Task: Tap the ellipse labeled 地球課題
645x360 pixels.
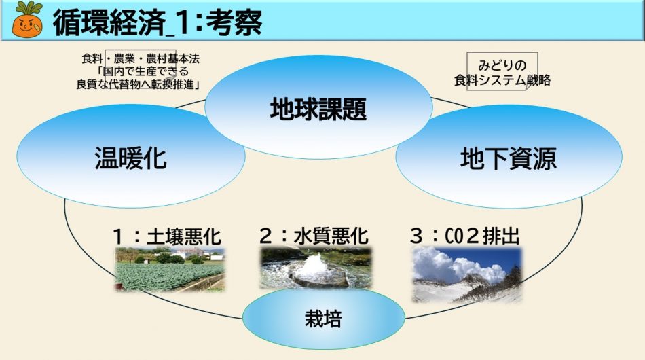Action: click(318, 107)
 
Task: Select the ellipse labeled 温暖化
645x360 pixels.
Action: click(131, 156)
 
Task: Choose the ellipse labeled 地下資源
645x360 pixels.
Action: click(509, 156)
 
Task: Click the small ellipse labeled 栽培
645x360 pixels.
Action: click(324, 318)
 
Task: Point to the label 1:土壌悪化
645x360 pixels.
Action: click(167, 236)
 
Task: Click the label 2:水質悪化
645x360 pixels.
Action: click(314, 236)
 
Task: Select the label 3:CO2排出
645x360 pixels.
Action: click(465, 236)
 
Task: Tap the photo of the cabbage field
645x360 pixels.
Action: click(170, 270)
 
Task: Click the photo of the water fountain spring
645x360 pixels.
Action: click(316, 268)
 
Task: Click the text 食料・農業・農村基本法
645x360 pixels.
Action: click(141, 59)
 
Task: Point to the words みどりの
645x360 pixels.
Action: click(502, 65)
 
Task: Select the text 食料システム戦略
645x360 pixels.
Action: click(502, 80)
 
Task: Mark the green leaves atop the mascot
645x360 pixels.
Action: click(28, 7)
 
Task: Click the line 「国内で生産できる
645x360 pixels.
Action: click(142, 71)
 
